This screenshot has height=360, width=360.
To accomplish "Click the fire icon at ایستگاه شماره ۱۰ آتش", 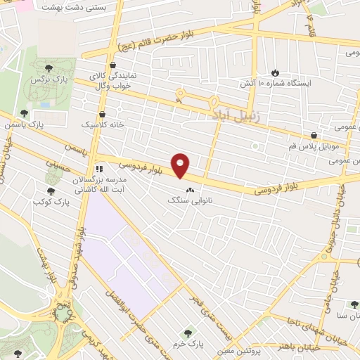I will click(275, 72).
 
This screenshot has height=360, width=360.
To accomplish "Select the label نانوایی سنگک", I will click(188, 200).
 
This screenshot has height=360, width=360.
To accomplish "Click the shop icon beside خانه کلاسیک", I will click(103, 113).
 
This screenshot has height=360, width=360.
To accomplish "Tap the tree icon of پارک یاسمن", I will click(25, 113).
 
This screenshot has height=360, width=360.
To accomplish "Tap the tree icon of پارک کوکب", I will click(51, 191).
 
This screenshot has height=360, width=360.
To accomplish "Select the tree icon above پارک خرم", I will click(187, 333).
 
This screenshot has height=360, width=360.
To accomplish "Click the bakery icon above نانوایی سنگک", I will click(188, 190).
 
